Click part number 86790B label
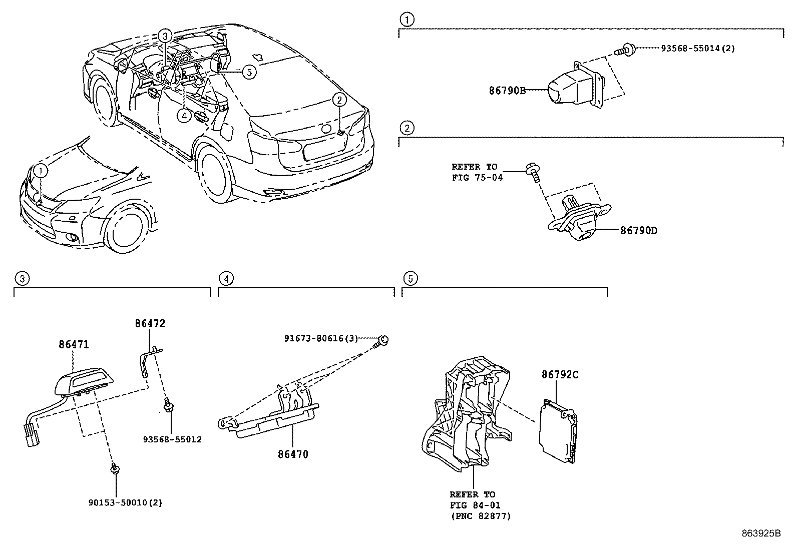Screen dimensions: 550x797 507,91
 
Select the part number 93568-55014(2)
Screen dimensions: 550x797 697,49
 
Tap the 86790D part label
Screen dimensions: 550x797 638,231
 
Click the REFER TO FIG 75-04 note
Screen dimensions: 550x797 477,172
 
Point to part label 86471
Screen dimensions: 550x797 74,344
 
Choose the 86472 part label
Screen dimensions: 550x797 150,323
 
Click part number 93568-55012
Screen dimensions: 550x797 172,439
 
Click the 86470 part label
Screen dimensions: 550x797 293,454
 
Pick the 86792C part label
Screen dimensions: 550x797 560,374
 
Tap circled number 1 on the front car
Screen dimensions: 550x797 41,171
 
